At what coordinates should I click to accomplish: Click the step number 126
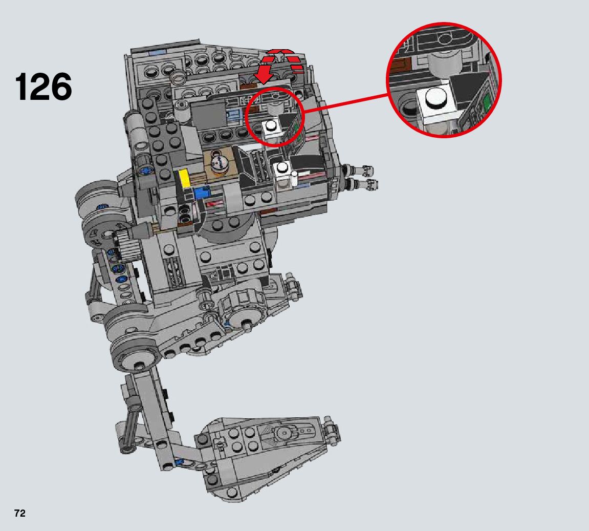tap(43, 87)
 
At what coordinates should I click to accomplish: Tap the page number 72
tap(19, 514)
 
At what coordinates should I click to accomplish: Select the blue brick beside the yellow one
tap(201, 194)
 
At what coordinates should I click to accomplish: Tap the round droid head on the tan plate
tap(219, 164)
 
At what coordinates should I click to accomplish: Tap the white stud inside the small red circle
tap(270, 126)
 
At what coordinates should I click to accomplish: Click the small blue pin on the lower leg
tap(179, 462)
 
